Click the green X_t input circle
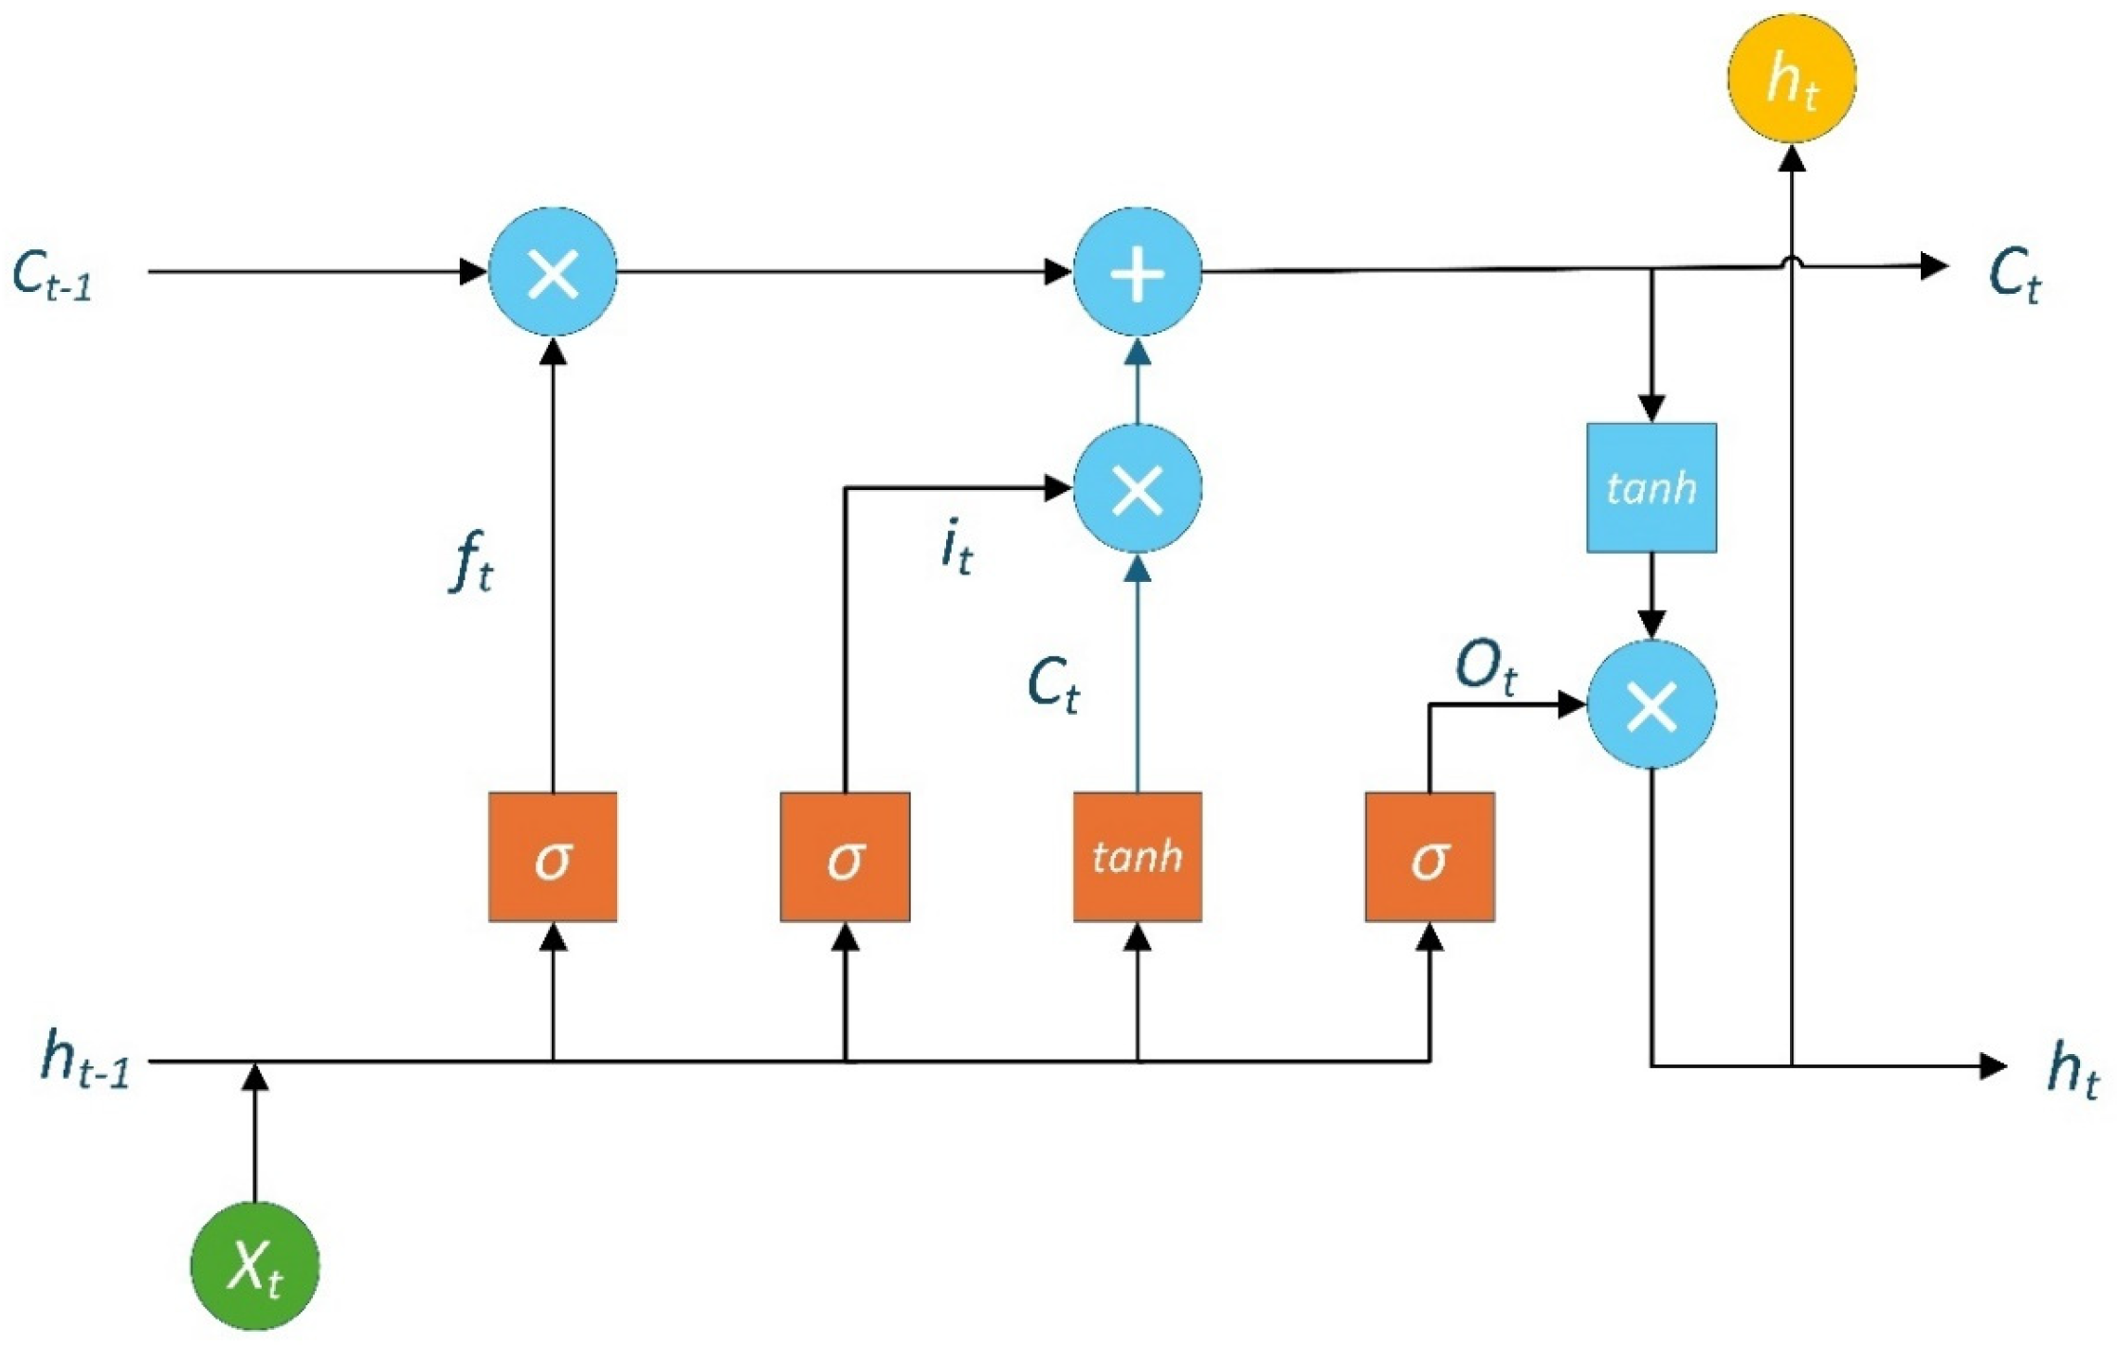[255, 1266]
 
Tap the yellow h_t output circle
[1791, 78]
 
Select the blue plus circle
[1138, 272]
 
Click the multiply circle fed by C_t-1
[553, 272]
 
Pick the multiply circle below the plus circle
[1138, 489]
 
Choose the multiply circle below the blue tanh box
[1652, 704]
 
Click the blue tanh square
[1652, 488]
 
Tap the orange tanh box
[1138, 857]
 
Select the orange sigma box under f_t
[553, 857]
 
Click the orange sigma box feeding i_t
[845, 857]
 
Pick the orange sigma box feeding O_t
[1430, 857]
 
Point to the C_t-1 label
[53, 275]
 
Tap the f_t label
[471, 562]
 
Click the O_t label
[1487, 668]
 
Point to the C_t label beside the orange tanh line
[1054, 684]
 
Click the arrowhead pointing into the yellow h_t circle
[1792, 157]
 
